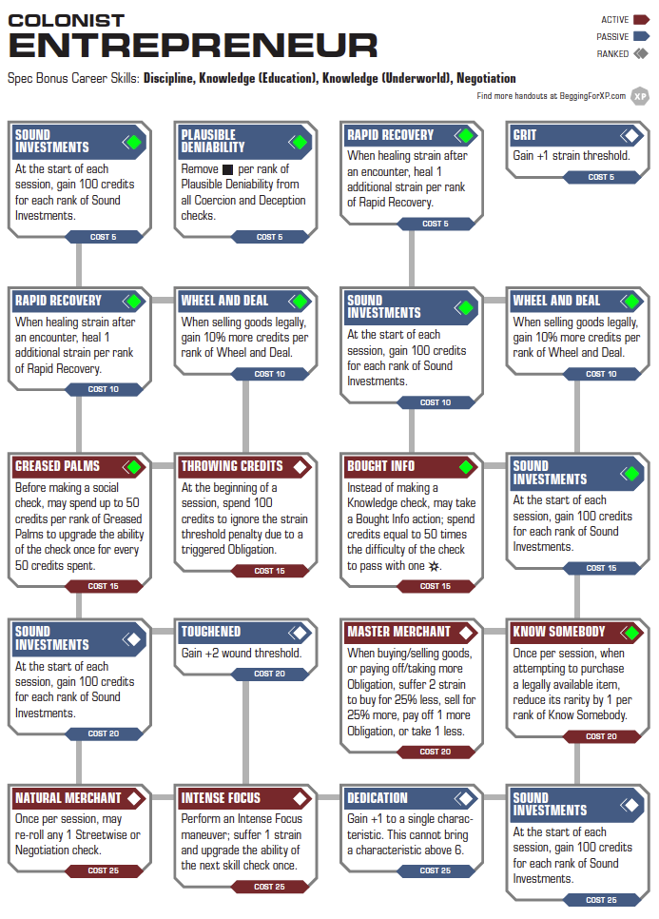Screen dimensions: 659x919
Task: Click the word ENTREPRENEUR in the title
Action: tap(193, 46)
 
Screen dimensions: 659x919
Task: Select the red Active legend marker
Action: tap(642, 19)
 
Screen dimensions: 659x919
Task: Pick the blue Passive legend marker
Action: tap(642, 36)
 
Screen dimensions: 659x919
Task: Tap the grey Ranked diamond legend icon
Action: tap(641, 53)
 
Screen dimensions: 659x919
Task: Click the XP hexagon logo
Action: tap(640, 97)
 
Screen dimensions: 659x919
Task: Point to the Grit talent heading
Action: tap(525, 135)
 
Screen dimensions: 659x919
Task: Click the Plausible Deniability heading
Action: tap(213, 141)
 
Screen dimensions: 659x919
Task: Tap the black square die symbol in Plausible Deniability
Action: tap(228, 170)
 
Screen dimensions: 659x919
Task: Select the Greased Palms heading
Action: tap(57, 466)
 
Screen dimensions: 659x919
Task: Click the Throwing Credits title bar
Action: tap(244, 466)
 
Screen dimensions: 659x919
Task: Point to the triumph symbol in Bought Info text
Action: tap(434, 566)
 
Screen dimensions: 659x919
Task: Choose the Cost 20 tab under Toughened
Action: tap(269, 674)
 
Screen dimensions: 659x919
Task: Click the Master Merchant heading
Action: tap(398, 632)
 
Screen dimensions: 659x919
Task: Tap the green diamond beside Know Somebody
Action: tap(631, 633)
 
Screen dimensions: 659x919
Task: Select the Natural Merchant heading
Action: tap(68, 798)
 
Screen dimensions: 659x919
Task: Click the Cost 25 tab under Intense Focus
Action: tap(269, 887)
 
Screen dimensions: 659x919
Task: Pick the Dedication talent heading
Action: tap(378, 798)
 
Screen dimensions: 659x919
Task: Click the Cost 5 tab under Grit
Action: tap(602, 177)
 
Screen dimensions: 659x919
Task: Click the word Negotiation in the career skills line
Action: tap(486, 79)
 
